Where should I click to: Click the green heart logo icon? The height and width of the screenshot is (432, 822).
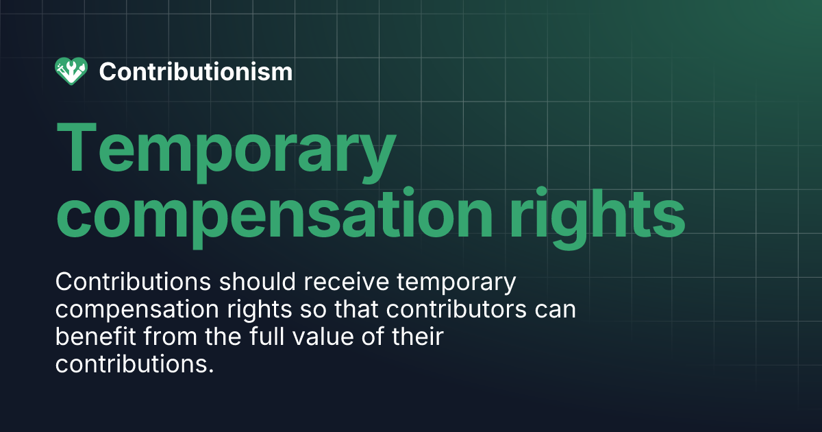point(71,71)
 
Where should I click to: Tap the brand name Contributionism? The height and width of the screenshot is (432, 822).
point(196,71)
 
